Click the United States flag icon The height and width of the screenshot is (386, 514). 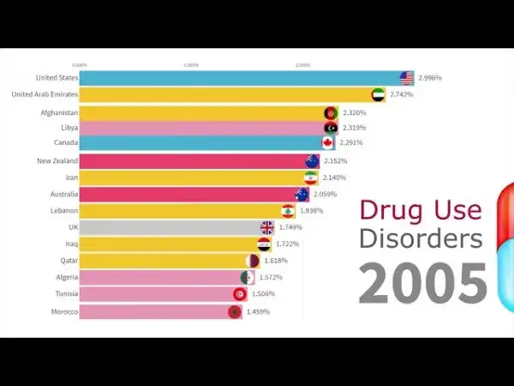[x=406, y=78]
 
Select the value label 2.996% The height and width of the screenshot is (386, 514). [x=430, y=78]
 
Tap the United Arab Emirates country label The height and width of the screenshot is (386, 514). [x=45, y=94]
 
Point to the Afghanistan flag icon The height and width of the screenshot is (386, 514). [x=331, y=112]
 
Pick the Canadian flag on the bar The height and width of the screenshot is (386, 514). [x=327, y=143]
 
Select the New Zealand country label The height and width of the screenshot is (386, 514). [x=57, y=160]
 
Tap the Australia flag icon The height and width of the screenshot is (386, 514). [x=302, y=195]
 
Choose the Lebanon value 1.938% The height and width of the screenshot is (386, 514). [x=312, y=211]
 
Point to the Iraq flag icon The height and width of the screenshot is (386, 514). [x=265, y=244]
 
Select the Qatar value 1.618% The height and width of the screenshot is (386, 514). [x=275, y=261]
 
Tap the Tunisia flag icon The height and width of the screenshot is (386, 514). [x=239, y=294]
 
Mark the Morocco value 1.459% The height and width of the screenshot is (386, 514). [x=257, y=311]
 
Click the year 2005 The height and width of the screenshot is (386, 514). [x=422, y=282]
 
